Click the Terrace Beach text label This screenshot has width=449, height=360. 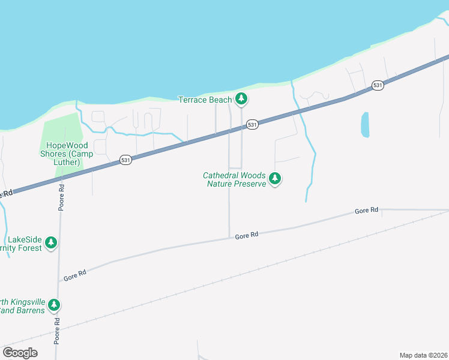pyautogui.click(x=205, y=100)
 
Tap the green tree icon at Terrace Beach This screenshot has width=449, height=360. pyautogui.click(x=241, y=98)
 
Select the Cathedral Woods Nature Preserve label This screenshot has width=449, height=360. pyautogui.click(x=234, y=179)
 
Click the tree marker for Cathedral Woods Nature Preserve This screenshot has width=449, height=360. pyautogui.click(x=275, y=178)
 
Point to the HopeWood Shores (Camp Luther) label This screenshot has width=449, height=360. pyautogui.click(x=59, y=154)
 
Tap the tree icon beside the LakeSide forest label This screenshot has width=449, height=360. pyautogui.click(x=51, y=242)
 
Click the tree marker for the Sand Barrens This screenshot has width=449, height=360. pyautogui.click(x=54, y=305)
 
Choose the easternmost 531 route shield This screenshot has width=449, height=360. pyautogui.click(x=377, y=85)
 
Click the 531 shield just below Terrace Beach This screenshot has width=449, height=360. pyautogui.click(x=252, y=124)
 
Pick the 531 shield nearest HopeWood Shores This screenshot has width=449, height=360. pyautogui.click(x=125, y=160)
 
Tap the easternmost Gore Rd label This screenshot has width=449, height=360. pyautogui.click(x=366, y=211)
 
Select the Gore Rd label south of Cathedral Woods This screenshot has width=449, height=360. pyautogui.click(x=246, y=236)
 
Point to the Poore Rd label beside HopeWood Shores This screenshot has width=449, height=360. pyautogui.click(x=61, y=196)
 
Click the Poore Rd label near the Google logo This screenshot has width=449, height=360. pyautogui.click(x=58, y=330)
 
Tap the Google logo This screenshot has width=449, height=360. pyautogui.click(x=20, y=353)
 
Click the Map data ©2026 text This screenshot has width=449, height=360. pyautogui.click(x=424, y=355)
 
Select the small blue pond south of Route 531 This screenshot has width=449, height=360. pyautogui.click(x=365, y=125)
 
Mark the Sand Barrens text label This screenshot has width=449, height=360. pyautogui.click(x=23, y=306)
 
